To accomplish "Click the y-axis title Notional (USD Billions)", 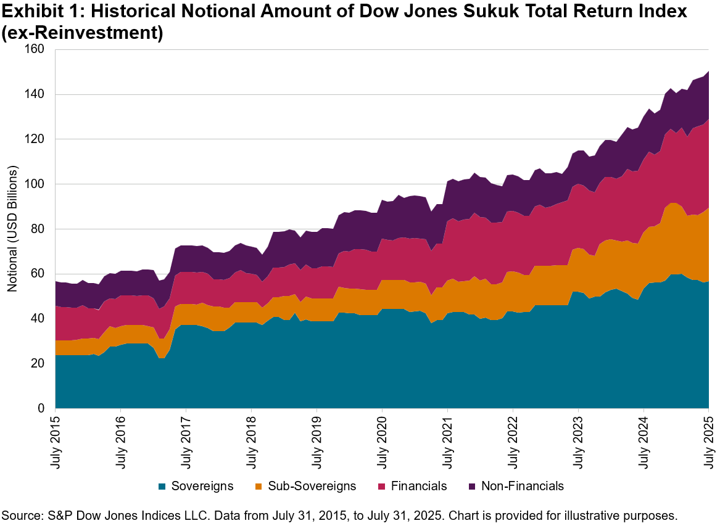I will [13, 229].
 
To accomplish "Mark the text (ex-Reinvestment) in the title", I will [82, 33].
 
